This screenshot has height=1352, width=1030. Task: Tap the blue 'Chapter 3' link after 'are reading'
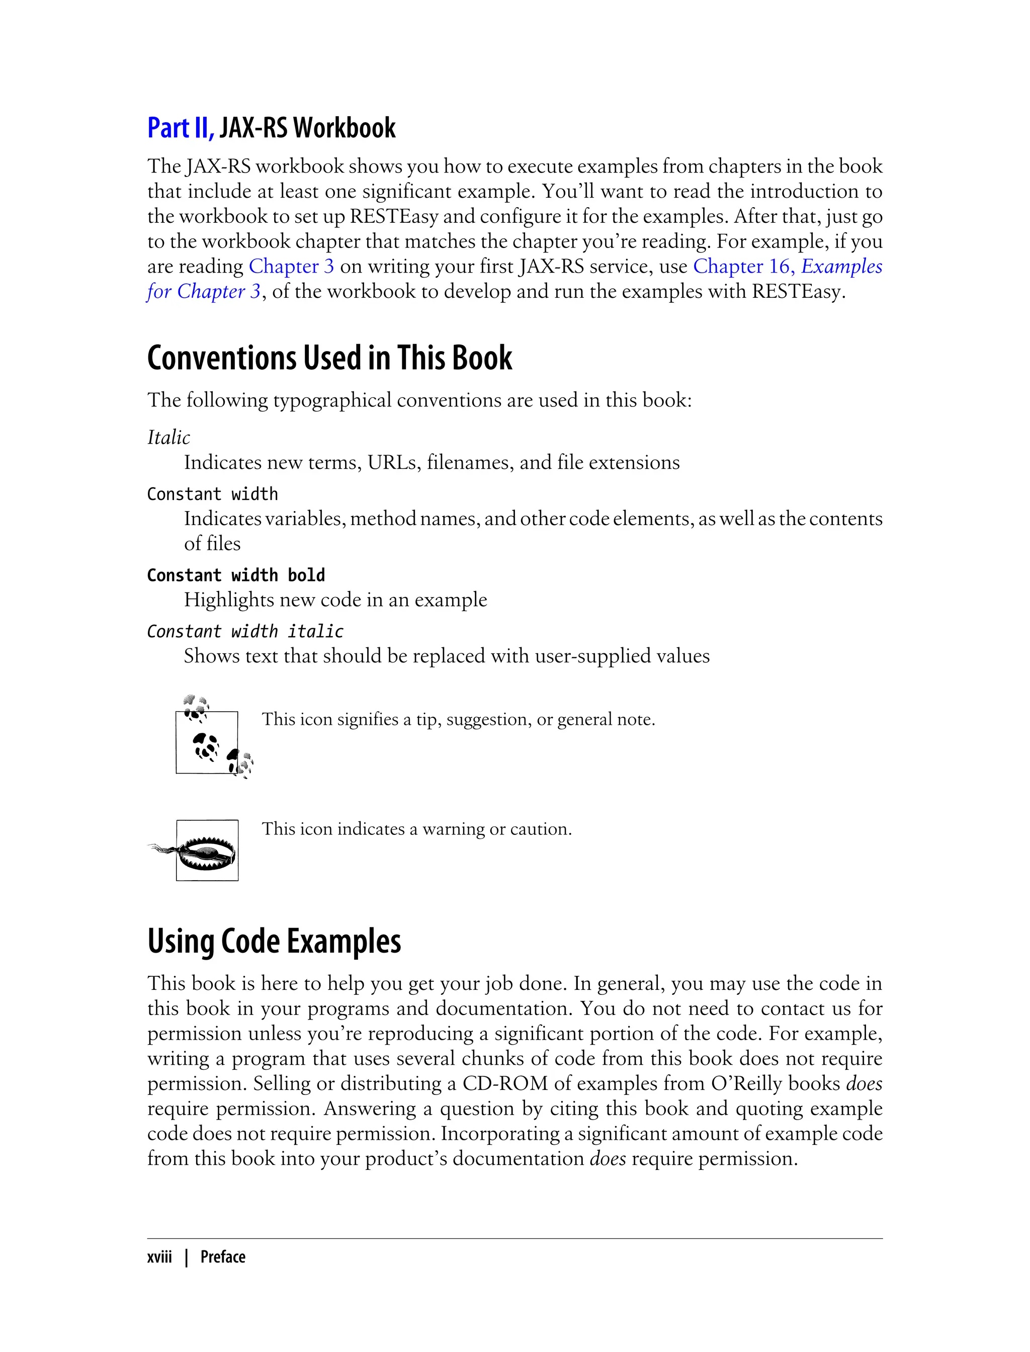[291, 266]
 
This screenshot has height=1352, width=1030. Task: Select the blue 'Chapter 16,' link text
[744, 266]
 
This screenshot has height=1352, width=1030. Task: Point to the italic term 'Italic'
[168, 437]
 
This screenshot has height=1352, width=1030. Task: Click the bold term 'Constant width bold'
[236, 575]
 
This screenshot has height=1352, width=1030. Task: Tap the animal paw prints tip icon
[212, 739]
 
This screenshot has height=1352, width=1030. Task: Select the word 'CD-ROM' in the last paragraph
[504, 1083]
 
